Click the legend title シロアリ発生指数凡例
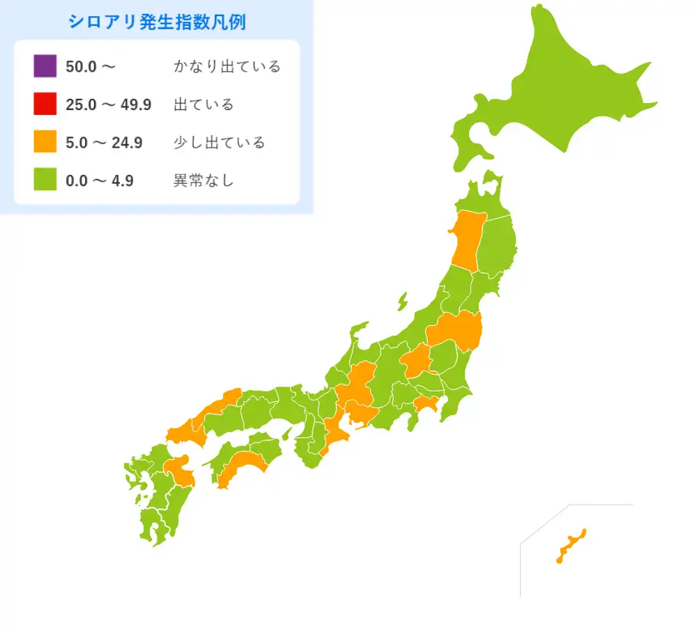click(157, 22)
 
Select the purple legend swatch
click(45, 66)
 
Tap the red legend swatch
click(45, 104)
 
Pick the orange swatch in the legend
click(45, 143)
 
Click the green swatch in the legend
click(45, 180)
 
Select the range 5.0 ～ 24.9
click(104, 143)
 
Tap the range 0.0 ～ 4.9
click(100, 181)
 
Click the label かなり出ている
click(227, 67)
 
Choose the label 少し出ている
click(219, 143)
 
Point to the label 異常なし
click(204, 181)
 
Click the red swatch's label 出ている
click(204, 105)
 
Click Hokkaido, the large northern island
click(558, 91)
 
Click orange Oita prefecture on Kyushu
click(181, 471)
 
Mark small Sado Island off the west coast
click(403, 302)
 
